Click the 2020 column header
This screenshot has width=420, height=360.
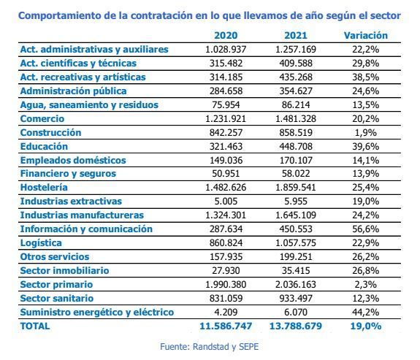226,36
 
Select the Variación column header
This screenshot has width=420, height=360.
366,36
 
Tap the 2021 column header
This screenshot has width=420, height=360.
296,36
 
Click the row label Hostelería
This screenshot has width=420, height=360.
44,187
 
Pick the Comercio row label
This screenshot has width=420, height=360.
42,118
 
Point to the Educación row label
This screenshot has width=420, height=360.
44,147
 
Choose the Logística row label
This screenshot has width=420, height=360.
41,243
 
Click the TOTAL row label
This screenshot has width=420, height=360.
35,326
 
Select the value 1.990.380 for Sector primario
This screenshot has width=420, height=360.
226,285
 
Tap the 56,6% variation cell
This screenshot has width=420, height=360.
366,229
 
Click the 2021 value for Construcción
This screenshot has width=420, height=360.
296,133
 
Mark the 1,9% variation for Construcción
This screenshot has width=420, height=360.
366,133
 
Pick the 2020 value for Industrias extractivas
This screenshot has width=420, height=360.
226,201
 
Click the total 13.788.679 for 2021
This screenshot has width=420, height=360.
296,326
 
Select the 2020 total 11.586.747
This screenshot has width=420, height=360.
226,326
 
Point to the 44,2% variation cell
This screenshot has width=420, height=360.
366,313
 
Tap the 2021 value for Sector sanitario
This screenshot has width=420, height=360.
296,299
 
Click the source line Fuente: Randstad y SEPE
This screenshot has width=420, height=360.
210,347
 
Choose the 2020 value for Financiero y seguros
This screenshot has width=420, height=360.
226,174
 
